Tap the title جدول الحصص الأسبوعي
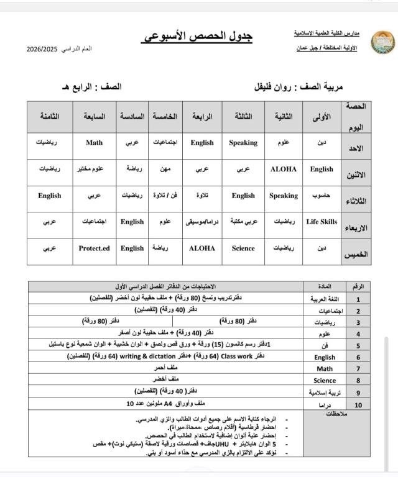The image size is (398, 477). click(x=199, y=37)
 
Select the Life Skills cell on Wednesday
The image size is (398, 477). click(x=322, y=222)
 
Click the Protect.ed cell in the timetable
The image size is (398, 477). click(x=94, y=248)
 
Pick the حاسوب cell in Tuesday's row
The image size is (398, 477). click(x=322, y=196)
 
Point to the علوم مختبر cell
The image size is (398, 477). click(x=94, y=169)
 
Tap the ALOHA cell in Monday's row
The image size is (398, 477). click(x=284, y=169)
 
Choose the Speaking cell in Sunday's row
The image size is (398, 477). click(x=243, y=142)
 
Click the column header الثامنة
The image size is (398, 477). click(x=49, y=116)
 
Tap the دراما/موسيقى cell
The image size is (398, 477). click(x=202, y=222)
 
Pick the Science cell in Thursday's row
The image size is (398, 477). click(x=243, y=248)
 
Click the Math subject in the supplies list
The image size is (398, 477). click(x=325, y=369)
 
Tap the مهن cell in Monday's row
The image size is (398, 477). click(x=165, y=169)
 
